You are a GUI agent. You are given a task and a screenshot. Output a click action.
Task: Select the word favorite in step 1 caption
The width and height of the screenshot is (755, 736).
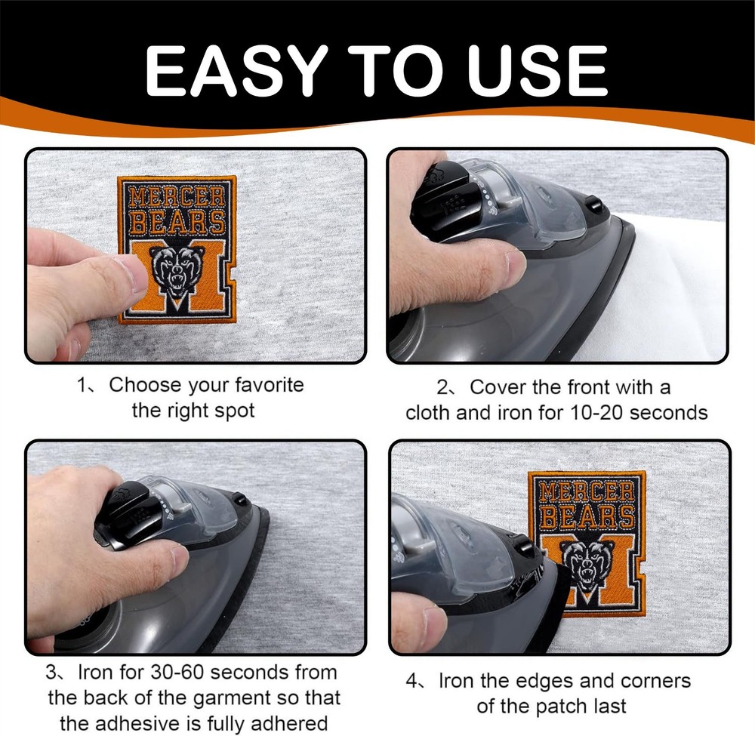coord(270,385)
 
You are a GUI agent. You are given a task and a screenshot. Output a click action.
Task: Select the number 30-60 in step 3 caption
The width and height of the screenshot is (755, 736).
coord(176,673)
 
